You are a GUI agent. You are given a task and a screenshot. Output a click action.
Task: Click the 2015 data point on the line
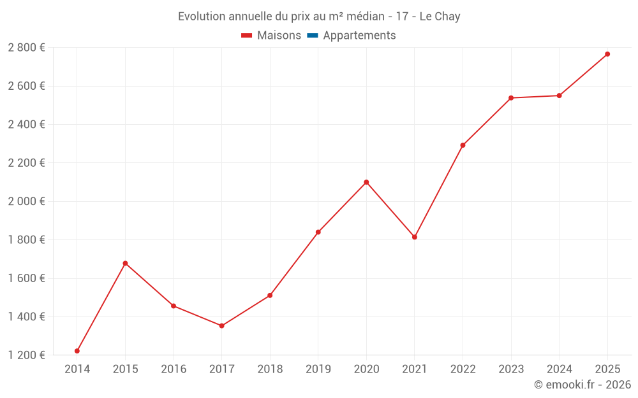(125, 263)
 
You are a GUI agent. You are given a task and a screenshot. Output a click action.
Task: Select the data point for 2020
(366, 182)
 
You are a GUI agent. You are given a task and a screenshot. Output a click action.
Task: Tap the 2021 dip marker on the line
(415, 237)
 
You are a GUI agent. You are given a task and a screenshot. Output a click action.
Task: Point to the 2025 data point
(607, 54)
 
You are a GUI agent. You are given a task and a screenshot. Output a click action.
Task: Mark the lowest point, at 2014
(77, 351)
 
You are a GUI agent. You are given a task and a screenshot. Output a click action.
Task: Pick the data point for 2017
(221, 325)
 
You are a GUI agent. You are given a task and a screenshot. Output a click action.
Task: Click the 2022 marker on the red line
(463, 145)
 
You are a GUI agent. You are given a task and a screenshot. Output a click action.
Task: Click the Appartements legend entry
(359, 36)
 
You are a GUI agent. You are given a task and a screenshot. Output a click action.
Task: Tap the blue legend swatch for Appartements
(313, 36)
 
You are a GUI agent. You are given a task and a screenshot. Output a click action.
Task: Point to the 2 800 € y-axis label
(27, 47)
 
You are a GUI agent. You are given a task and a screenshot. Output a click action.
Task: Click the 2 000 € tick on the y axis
(27, 201)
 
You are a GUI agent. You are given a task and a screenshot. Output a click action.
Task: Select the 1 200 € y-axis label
(27, 355)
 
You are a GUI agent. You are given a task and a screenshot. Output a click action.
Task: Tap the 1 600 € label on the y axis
(27, 278)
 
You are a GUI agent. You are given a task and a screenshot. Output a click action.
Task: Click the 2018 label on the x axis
(270, 369)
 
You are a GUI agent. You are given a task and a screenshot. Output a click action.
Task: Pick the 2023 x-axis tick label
(511, 369)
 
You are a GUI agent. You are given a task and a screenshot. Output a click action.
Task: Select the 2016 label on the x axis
(174, 369)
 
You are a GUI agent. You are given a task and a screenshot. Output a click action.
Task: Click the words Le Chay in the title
(440, 17)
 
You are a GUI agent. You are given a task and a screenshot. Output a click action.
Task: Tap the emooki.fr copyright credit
(582, 385)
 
